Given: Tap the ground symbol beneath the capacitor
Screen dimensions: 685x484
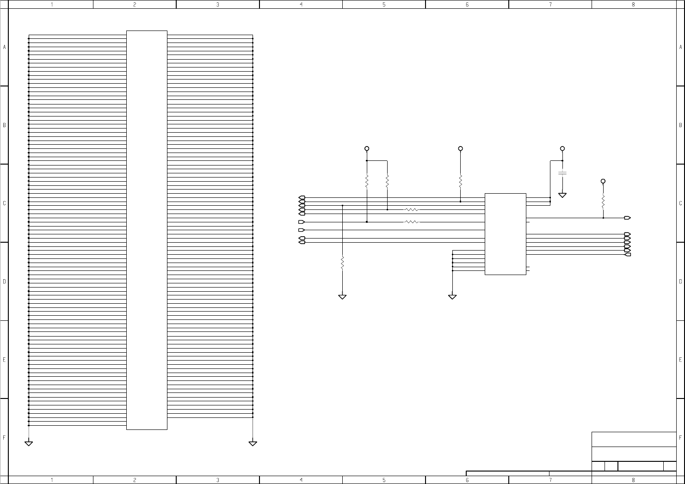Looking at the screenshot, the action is point(562,195).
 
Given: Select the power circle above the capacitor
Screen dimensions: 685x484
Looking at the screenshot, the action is point(562,148).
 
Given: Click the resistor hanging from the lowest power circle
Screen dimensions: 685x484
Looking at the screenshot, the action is point(603,202).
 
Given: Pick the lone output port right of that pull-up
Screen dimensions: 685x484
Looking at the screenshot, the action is point(628,218).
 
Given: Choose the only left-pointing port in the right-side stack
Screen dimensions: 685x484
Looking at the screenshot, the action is point(628,254).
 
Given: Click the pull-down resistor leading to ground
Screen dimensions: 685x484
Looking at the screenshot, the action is point(342,263).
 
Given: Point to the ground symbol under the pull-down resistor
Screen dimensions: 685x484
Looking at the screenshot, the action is point(342,297).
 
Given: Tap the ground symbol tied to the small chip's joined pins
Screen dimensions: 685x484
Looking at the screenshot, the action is point(452,297).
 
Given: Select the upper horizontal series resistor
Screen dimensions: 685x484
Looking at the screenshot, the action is point(411,209).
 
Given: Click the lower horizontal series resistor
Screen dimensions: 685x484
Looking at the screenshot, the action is point(411,222).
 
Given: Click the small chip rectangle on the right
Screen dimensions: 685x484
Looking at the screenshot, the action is point(505,234).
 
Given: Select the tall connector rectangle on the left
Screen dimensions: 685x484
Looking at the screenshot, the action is point(147,230).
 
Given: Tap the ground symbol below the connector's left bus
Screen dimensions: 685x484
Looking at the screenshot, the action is point(29,443).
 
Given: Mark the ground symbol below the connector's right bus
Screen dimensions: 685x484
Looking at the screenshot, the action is point(253,443).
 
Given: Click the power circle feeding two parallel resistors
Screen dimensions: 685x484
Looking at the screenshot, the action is point(367,148).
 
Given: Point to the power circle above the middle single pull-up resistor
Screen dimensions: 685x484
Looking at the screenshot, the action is point(460,148).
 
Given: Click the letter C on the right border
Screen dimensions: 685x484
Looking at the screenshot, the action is point(680,203).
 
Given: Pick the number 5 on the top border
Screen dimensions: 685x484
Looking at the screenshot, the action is point(384,5).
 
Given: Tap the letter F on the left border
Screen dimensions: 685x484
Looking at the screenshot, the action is point(4,437).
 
